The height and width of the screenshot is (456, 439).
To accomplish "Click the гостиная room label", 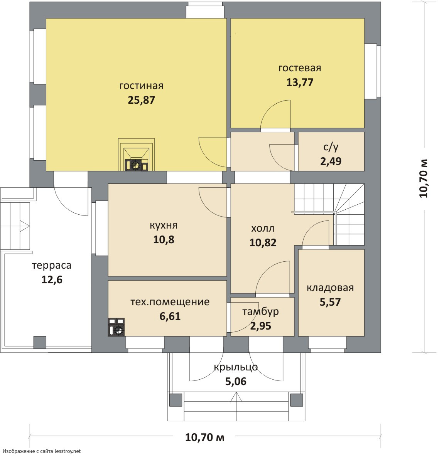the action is (x=141, y=86).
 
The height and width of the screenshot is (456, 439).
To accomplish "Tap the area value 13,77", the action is (x=300, y=82).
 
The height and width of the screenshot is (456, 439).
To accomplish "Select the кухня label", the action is (x=164, y=225).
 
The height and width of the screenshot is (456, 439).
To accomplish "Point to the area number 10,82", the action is (x=263, y=242).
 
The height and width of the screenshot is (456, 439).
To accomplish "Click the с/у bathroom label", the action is (x=331, y=147).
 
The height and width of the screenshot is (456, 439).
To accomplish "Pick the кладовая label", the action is (x=330, y=288).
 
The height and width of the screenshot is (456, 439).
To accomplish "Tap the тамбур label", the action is (x=260, y=312).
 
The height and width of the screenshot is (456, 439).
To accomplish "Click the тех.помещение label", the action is (x=170, y=302).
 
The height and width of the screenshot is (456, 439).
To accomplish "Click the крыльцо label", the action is (x=236, y=367).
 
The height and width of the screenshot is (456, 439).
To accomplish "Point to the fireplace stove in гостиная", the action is (x=136, y=155).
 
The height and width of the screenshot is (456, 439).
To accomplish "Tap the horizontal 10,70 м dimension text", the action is (x=205, y=437).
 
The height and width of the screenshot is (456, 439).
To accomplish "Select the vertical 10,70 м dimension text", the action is (x=423, y=178).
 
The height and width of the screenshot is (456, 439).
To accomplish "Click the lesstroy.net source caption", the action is (x=42, y=451).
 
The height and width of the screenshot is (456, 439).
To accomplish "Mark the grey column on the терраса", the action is (x=40, y=342).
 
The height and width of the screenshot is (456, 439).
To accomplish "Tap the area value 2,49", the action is (x=331, y=161).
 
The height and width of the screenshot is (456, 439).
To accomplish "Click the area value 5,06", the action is (x=236, y=381).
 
